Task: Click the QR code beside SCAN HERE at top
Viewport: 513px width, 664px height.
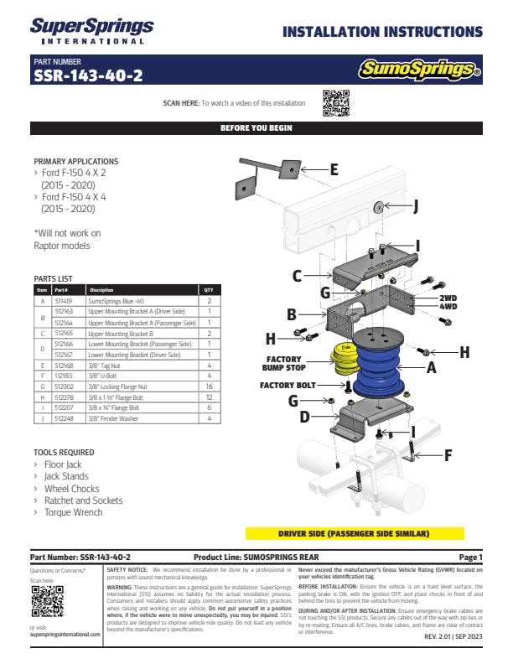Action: [x=335, y=102]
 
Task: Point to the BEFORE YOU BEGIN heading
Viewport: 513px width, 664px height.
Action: [x=256, y=128]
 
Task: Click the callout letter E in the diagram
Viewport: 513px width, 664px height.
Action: [x=334, y=169]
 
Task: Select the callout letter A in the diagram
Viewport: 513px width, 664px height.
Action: [x=431, y=366]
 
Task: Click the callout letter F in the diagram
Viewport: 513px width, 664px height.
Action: [x=448, y=456]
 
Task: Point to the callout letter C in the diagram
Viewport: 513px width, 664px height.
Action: [x=297, y=275]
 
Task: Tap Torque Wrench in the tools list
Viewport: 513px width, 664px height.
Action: [x=74, y=511]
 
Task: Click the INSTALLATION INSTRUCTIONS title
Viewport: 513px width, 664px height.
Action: [x=382, y=33]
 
